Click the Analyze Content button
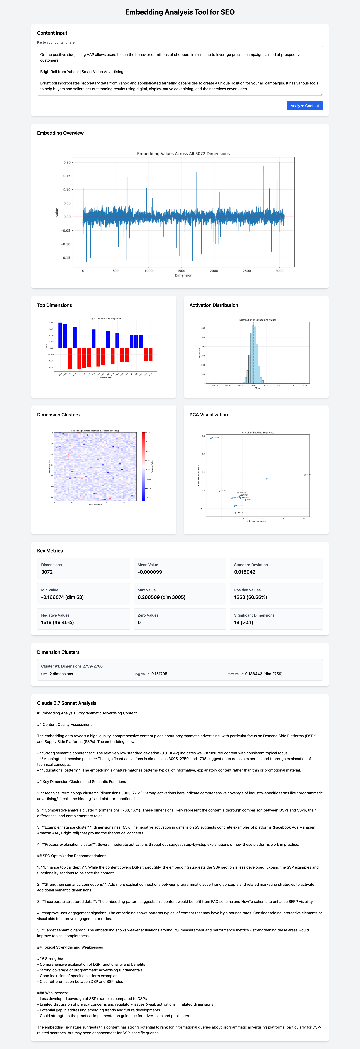pyautogui.click(x=305, y=106)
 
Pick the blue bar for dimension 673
pyautogui.click(x=94, y=338)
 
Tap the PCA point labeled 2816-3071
pyautogui.click(x=211, y=438)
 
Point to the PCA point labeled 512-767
pyautogui.click(x=305, y=475)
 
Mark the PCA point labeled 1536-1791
pyautogui.click(x=235, y=513)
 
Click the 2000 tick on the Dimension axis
pyautogui.click(x=214, y=271)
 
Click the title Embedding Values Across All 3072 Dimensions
pyautogui.click(x=183, y=153)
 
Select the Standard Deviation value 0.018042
pyautogui.click(x=245, y=572)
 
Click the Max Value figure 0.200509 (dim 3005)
pyautogui.click(x=161, y=597)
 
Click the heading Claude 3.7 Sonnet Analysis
pyautogui.click(x=67, y=703)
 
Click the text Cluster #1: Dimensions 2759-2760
pyautogui.click(x=72, y=666)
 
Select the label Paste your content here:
pyautogui.click(x=56, y=42)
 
